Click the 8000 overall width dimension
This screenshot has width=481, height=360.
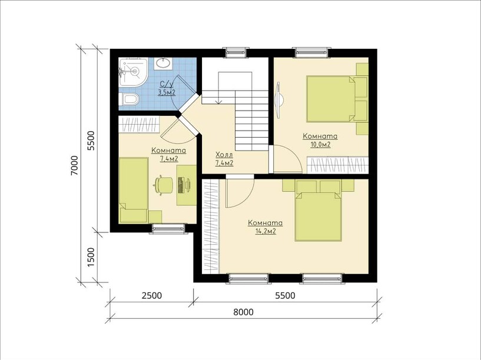click(x=243, y=312)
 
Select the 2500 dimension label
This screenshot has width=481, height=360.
click(x=151, y=296)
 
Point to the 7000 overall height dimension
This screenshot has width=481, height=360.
click(x=74, y=165)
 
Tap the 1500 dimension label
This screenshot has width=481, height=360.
click(x=91, y=256)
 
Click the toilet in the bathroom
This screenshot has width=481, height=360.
click(x=128, y=99)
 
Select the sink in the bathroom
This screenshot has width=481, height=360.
click(x=163, y=64)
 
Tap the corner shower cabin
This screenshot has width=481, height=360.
click(x=133, y=72)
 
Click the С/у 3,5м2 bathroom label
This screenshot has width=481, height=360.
click(x=167, y=88)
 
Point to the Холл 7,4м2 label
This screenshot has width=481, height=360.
click(x=224, y=159)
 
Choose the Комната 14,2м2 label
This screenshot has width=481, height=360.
click(x=266, y=227)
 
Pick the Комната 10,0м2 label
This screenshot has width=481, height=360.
click(x=320, y=140)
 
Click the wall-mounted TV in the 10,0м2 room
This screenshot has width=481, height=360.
click(x=279, y=99)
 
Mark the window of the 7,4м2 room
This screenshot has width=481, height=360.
click(x=168, y=228)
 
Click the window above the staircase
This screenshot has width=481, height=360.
click(x=235, y=52)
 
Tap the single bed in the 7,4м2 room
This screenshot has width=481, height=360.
click(x=134, y=190)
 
